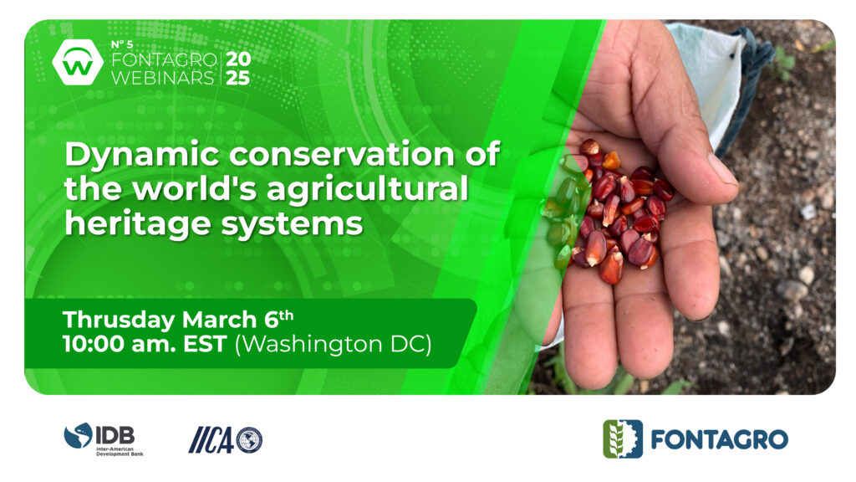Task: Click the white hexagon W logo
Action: coord(78,62)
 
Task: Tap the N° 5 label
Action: coord(122,44)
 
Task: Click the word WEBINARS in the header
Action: coord(163,78)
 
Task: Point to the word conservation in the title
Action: coord(342,154)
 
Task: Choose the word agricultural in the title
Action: coord(368,190)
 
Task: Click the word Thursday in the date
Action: coord(119,320)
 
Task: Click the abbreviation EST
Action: coord(205,344)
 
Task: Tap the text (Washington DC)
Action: coord(333,345)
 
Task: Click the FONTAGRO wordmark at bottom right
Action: coord(720,439)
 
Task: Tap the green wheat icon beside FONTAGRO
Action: coord(622,438)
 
